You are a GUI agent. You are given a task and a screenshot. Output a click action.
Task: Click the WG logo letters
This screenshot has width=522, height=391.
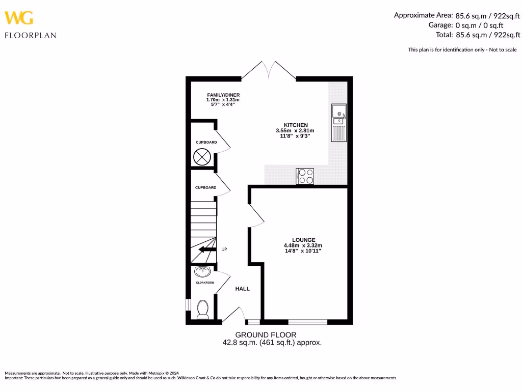pos(19,18)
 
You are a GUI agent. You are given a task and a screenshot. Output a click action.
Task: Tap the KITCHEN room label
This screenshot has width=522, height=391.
pos(296,125)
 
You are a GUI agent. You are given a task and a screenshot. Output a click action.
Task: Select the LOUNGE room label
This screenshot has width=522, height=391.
pos(303,240)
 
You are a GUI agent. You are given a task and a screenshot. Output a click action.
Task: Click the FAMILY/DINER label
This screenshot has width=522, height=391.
pos(223,95)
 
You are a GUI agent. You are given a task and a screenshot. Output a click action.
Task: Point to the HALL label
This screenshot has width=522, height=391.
pos(242,289)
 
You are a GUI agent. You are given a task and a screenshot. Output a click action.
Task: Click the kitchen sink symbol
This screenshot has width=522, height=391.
pos(338,122)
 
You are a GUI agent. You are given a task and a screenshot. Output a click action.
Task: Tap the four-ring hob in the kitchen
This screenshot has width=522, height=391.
pos(305,176)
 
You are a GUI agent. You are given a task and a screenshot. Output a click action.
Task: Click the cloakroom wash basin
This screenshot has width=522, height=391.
pos(202,272)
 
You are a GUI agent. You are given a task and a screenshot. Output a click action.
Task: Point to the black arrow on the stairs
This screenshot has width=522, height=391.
pos(206,249)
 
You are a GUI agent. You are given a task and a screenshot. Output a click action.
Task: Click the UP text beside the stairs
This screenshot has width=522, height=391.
pos(224,249)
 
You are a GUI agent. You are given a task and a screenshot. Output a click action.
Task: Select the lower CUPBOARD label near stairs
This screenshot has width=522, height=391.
pos(205,187)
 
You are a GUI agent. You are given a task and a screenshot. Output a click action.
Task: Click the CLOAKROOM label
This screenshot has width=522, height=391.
pos(205,282)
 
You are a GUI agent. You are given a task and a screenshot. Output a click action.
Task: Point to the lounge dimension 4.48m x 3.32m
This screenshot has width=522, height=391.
pos(303,245)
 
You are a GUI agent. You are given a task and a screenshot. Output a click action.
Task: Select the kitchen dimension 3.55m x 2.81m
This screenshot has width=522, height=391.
pos(296,131)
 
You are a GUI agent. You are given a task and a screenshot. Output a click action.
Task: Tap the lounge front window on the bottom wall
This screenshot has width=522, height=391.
pos(307,322)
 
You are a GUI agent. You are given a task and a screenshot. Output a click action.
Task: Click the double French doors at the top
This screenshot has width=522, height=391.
pos(269,71)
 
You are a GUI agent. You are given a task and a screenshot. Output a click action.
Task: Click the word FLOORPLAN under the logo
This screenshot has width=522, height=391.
pos(30,36)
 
